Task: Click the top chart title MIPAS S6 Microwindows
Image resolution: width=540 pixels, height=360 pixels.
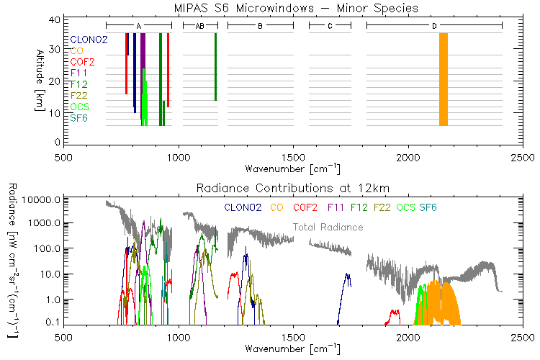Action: coord(296,8)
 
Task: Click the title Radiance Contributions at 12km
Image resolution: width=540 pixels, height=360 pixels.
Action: coord(296,189)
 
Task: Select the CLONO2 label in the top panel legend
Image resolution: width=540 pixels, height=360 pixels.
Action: coord(89,40)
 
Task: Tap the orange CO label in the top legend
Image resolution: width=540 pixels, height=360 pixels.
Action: coord(76,50)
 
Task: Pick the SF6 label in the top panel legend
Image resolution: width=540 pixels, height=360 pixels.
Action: coord(78,117)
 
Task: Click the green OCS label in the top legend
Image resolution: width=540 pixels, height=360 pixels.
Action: coord(79,107)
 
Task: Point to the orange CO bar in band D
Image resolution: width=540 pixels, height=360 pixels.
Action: coord(444,79)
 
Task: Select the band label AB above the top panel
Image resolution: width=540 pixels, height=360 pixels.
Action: coord(199,26)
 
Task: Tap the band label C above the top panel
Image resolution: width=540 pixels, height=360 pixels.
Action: coord(330,26)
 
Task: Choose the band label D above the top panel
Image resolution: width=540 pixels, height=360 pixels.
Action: coord(434,26)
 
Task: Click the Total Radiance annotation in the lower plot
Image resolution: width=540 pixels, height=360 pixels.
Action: coord(328,228)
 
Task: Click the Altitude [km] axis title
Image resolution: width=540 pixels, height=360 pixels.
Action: coord(39,79)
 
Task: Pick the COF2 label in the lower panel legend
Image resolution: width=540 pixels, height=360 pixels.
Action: coord(304,207)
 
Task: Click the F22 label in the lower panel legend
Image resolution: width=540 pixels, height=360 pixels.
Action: coord(382,207)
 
